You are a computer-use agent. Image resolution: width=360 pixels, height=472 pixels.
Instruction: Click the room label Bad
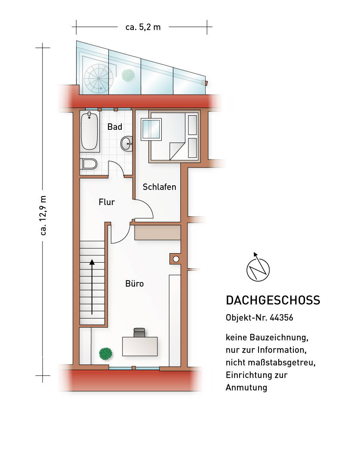[115, 127]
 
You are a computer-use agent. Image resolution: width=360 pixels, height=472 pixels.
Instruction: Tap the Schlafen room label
[160, 187]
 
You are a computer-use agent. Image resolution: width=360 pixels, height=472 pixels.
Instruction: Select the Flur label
[107, 202]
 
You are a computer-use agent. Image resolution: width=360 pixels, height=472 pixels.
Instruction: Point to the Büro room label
[134, 284]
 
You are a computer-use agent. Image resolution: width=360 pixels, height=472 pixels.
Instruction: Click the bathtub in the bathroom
[89, 131]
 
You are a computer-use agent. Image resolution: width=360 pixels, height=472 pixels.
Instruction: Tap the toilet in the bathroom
[89, 164]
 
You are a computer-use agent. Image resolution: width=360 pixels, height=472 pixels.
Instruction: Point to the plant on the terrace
[128, 75]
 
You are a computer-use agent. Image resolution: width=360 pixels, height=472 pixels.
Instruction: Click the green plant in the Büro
[106, 353]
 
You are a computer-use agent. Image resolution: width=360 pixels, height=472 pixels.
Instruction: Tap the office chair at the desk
[139, 332]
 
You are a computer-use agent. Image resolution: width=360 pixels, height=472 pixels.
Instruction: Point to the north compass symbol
[258, 269]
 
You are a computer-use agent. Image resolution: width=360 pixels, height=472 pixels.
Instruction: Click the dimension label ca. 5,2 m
[143, 27]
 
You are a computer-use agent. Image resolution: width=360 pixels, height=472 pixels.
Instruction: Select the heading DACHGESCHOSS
[273, 300]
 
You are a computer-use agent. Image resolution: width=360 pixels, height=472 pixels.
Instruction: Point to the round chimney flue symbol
[176, 259]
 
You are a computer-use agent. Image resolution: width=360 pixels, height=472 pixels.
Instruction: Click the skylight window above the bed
[151, 129]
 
